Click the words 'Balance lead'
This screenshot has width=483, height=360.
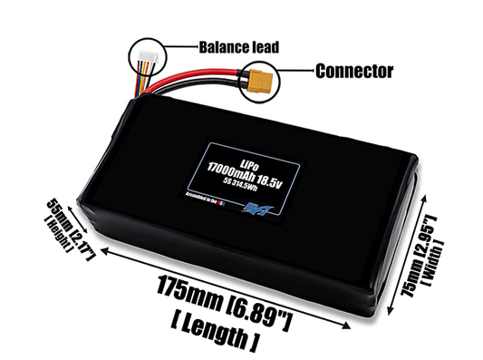(x=237, y=45)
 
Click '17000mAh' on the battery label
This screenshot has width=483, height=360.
(x=231, y=167)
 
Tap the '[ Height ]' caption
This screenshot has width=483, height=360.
(x=44, y=219)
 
